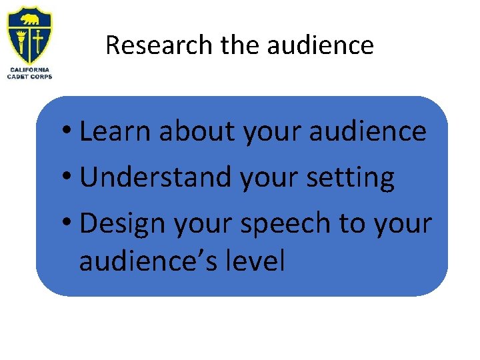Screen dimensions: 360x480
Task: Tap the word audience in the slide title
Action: (x=320, y=45)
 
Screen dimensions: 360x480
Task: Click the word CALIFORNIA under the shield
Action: (x=29, y=69)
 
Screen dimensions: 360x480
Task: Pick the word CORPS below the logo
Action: (x=41, y=76)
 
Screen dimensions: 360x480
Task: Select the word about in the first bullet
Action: (x=197, y=131)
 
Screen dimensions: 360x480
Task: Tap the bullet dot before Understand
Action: (x=69, y=178)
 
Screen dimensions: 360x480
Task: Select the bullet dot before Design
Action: (x=69, y=224)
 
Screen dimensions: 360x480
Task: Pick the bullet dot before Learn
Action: (x=69, y=131)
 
